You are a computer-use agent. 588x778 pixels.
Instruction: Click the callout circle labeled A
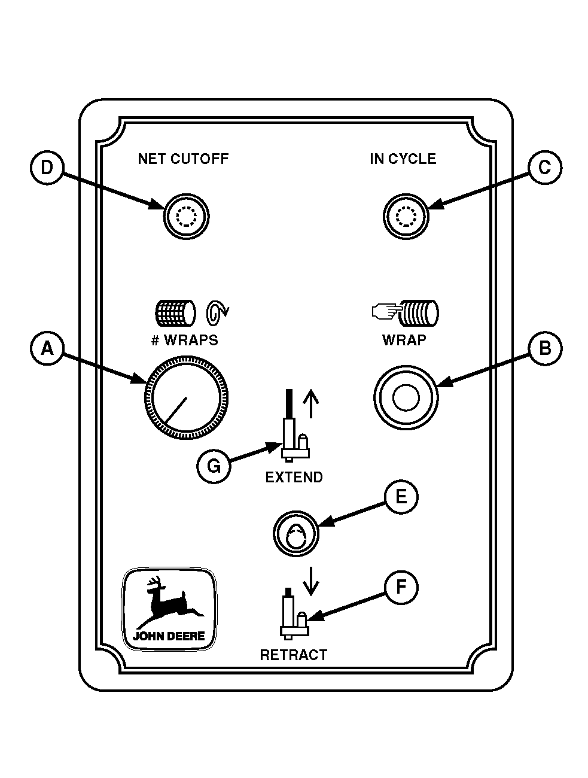[47, 348]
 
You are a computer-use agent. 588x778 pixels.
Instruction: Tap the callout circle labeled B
[544, 348]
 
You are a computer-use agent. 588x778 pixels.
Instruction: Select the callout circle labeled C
[544, 168]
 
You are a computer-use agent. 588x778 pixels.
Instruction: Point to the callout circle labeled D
[47, 168]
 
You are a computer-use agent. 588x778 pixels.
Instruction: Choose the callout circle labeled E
[401, 497]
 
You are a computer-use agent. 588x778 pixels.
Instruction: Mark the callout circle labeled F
[401, 587]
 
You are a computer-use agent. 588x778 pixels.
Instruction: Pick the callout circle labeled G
[214, 465]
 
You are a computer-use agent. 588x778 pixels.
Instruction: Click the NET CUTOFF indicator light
[186, 217]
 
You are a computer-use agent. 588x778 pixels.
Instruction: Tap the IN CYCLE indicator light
[406, 217]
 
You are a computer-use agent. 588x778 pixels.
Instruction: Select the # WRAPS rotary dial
[186, 398]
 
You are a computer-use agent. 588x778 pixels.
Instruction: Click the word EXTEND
[294, 478]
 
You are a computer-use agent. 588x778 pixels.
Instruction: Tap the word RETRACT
[294, 655]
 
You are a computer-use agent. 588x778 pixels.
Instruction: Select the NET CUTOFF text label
[183, 159]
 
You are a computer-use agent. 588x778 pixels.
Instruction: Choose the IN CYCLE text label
[403, 159]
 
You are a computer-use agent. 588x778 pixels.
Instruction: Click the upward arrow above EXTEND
[309, 404]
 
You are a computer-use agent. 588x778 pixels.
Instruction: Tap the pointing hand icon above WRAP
[385, 311]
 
